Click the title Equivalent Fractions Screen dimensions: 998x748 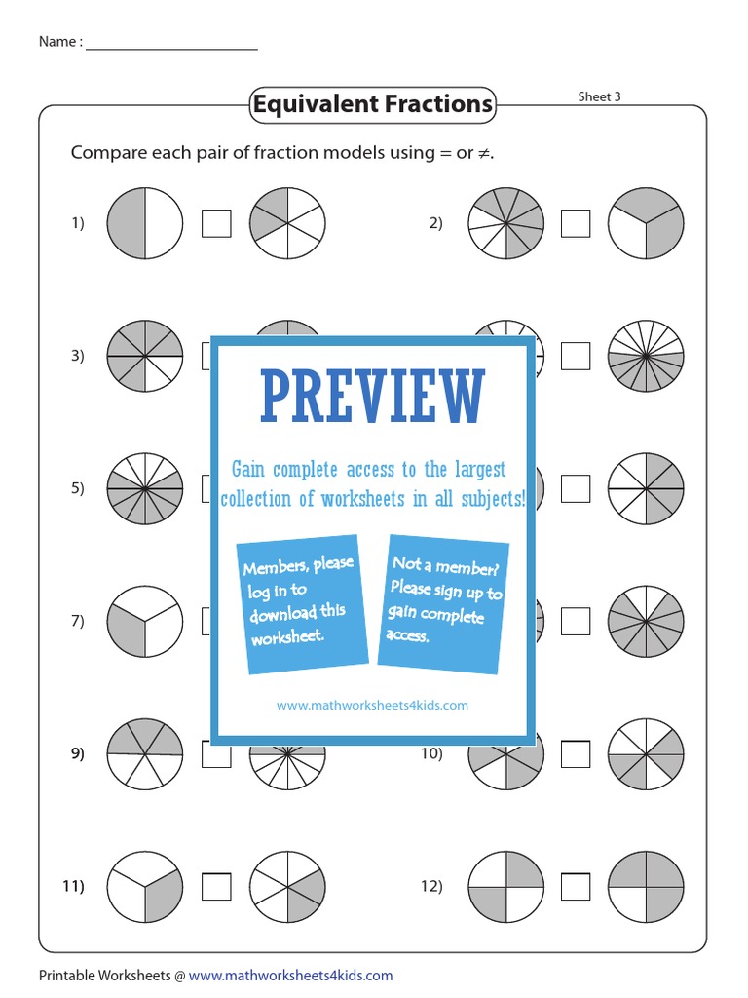click(x=372, y=104)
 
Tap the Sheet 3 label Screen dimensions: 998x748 click(x=599, y=96)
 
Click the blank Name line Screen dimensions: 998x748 click(x=171, y=43)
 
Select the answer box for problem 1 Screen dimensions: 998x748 click(x=216, y=223)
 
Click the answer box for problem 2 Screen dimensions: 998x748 click(x=576, y=223)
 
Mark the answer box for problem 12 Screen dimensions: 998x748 click(x=576, y=886)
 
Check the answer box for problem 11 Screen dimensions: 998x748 click(x=216, y=886)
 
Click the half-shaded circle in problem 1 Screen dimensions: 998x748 click(x=145, y=223)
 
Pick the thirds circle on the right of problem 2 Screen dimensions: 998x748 click(x=647, y=223)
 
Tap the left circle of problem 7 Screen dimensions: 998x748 click(x=145, y=621)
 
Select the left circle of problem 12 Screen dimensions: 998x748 click(x=505, y=886)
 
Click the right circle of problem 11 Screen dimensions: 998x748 click(x=287, y=886)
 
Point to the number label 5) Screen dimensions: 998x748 click(x=78, y=488)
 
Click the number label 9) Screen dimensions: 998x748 click(x=78, y=753)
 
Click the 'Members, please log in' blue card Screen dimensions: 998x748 click(x=299, y=603)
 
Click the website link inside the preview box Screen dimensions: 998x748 click(x=373, y=705)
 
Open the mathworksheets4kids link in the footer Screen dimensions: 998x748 click(x=290, y=975)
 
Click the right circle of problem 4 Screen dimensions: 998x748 click(x=647, y=356)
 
